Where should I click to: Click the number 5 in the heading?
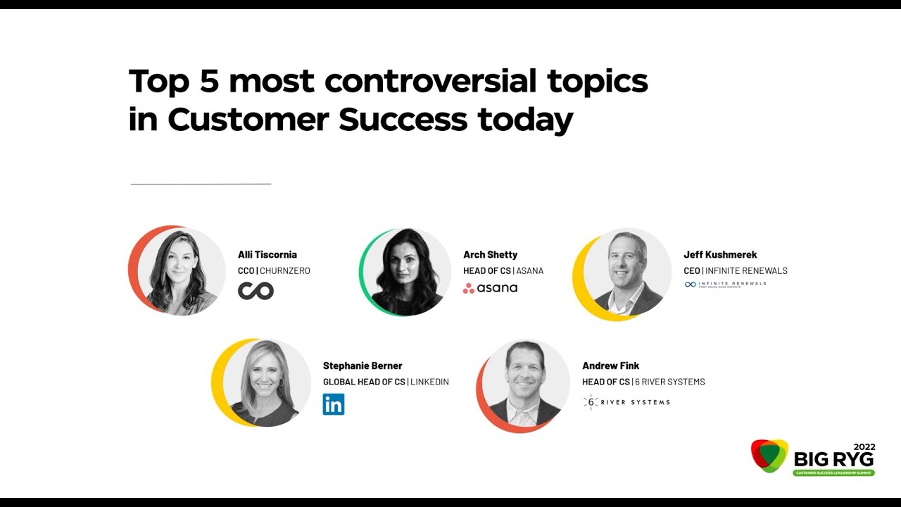pyautogui.click(x=209, y=81)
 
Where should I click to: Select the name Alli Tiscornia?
pyautogui.click(x=267, y=255)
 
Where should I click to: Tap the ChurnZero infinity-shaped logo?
pyautogui.click(x=256, y=290)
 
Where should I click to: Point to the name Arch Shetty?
pyautogui.click(x=490, y=255)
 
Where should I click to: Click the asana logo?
pyautogui.click(x=490, y=288)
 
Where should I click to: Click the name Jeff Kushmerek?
pyautogui.click(x=720, y=255)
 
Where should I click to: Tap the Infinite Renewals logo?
pyautogui.click(x=725, y=284)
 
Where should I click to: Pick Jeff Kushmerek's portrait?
pyautogui.click(x=626, y=273)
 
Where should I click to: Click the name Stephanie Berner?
pyautogui.click(x=363, y=366)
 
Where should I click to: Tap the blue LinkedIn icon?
pyautogui.click(x=334, y=404)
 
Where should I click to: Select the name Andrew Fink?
pyautogui.click(x=610, y=366)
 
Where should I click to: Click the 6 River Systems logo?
pyautogui.click(x=626, y=402)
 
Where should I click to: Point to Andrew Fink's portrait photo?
pyautogui.click(x=525, y=384)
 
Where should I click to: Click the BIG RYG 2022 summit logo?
pyautogui.click(x=813, y=458)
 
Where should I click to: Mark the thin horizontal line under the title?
pyautogui.click(x=201, y=184)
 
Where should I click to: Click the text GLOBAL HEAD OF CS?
pyautogui.click(x=364, y=382)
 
